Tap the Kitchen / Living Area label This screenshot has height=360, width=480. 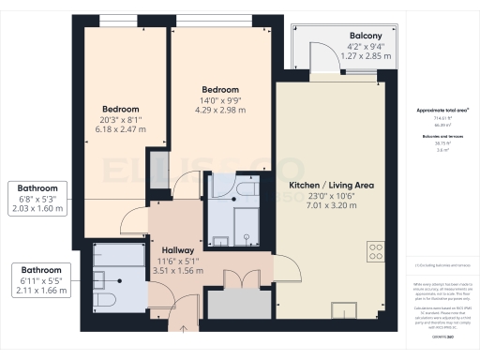coord(331,187)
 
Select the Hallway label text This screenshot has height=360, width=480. coord(178,250)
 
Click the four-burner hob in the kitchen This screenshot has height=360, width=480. coord(376,251)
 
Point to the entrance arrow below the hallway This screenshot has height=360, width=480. coord(184,328)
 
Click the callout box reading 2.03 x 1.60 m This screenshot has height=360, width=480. coord(37,210)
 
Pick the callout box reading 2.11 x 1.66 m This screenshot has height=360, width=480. coord(37,292)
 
